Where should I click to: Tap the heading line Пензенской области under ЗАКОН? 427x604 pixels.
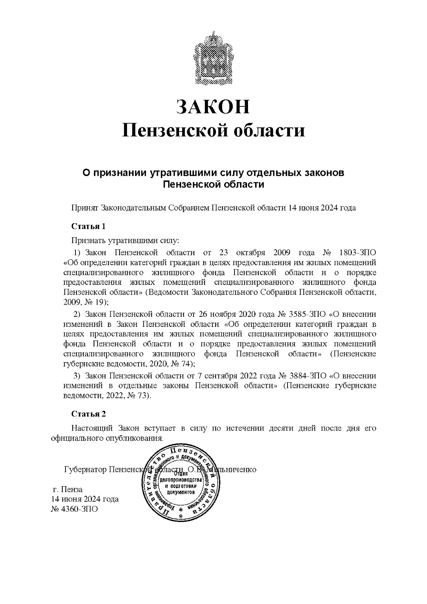[x=213, y=130]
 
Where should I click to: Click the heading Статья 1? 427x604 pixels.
[x=89, y=226]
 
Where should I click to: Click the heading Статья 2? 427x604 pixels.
[x=89, y=414]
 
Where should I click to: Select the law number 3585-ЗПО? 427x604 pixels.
[x=308, y=315]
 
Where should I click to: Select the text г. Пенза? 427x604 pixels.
[x=67, y=489]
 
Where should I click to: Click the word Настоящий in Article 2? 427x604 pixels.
[x=92, y=428]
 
